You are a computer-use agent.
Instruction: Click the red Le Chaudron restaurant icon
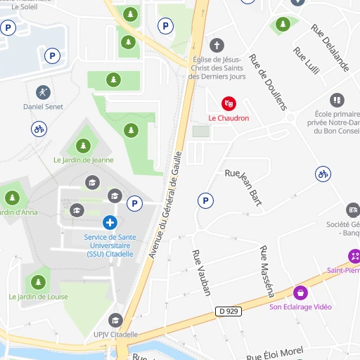228,103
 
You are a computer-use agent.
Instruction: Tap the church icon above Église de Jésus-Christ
217,45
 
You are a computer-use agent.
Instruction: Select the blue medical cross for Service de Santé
109,223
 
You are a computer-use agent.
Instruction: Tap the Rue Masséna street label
266,270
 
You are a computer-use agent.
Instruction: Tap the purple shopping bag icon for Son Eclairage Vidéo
300,292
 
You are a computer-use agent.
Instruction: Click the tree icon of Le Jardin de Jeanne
83,146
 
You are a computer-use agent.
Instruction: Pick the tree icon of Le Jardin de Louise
38,283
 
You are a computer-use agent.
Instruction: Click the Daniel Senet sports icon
43,92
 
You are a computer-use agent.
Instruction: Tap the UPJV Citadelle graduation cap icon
116,321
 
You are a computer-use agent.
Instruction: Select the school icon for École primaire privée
337,101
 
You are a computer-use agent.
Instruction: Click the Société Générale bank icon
353,210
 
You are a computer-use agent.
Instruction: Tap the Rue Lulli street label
307,63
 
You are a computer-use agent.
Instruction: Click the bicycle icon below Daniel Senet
39,129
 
